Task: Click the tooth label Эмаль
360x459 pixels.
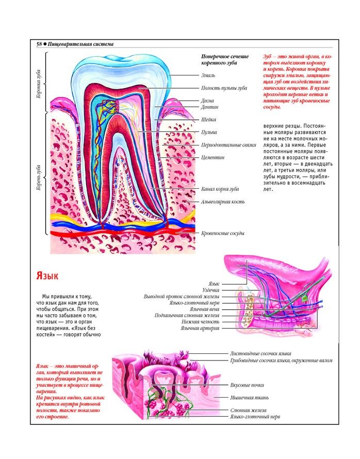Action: [x=208, y=76]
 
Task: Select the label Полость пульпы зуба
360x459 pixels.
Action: [x=224, y=88]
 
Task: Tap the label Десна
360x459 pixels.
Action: [x=208, y=101]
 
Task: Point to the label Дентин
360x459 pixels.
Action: [x=210, y=107]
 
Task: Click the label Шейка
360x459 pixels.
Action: [x=209, y=120]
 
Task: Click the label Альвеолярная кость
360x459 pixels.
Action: [x=223, y=202]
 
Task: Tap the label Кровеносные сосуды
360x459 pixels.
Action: [x=223, y=233]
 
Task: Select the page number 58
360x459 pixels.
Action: [x=39, y=44]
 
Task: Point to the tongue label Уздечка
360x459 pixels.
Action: [x=211, y=290]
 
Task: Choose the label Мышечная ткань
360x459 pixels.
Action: [x=249, y=398]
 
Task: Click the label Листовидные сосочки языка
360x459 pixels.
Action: [x=260, y=354]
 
